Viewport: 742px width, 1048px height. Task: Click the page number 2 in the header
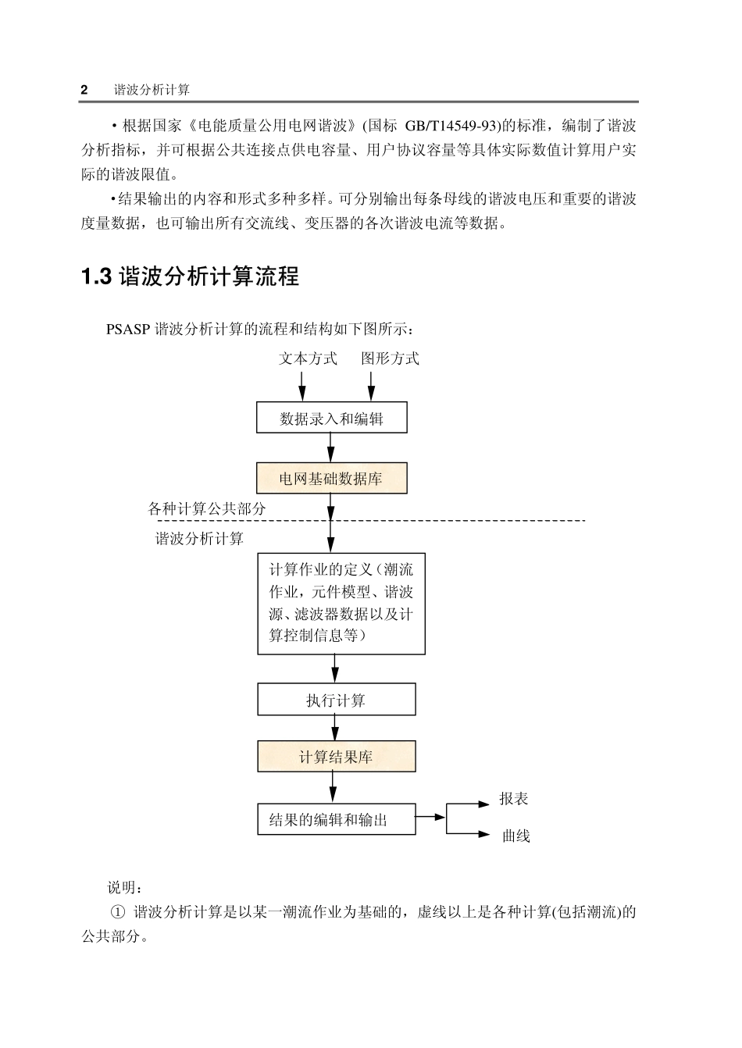[x=84, y=90]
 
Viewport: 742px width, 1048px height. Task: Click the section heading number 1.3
[x=97, y=276]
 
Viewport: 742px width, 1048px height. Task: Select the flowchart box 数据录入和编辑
[x=332, y=418]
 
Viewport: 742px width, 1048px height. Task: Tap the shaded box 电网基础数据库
[x=332, y=478]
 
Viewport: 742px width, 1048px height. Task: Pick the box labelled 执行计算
[x=336, y=700]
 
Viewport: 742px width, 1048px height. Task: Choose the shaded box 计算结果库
[x=336, y=756]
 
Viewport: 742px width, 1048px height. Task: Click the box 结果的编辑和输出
[x=336, y=819]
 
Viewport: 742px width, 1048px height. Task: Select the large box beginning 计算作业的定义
[x=341, y=603]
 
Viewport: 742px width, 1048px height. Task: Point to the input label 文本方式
[x=308, y=358]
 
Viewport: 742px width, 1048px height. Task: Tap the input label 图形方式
[x=390, y=358]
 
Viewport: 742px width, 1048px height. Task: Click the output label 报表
[x=514, y=798]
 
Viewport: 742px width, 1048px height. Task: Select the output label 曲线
[x=515, y=836]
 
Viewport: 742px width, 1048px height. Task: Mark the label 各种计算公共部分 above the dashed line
[x=207, y=508]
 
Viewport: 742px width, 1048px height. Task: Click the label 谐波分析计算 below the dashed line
[x=199, y=538]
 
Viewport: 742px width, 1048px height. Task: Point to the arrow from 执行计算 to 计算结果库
[x=335, y=728]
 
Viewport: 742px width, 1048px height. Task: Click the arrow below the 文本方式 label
[x=302, y=386]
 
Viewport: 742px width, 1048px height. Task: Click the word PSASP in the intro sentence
[x=129, y=328]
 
